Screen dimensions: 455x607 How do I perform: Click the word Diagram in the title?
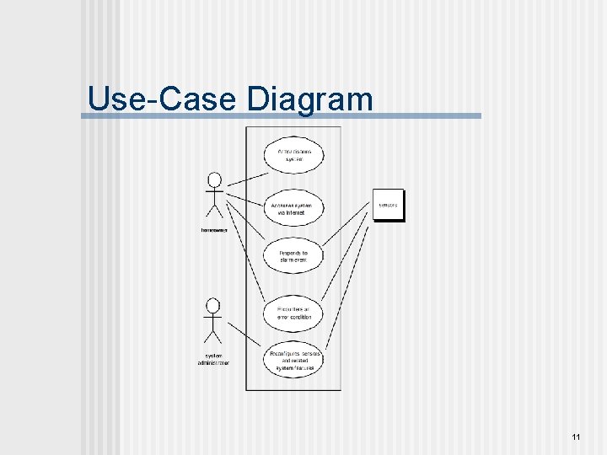[x=310, y=100]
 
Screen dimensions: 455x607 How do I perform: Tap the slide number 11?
[x=576, y=436]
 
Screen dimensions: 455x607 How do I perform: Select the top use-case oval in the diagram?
[x=293, y=156]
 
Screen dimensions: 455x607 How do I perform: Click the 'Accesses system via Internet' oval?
[x=293, y=209]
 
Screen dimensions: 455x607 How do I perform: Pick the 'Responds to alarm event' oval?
[x=293, y=257]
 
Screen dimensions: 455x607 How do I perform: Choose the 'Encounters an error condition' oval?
[x=293, y=313]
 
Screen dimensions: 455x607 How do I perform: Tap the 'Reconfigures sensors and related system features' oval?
[x=293, y=361]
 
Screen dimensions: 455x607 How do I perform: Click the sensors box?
[x=389, y=205]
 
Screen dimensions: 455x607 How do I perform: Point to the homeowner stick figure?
[x=214, y=201]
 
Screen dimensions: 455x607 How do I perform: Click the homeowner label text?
[x=214, y=230]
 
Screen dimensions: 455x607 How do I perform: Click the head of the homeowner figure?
[x=214, y=179]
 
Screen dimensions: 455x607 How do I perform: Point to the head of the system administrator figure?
[x=213, y=304]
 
